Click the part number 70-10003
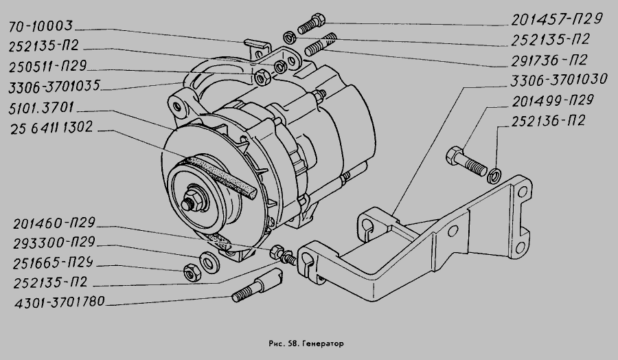tap(41, 26)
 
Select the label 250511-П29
tap(47, 66)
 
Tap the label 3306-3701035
tap(55, 86)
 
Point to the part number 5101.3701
tap(41, 108)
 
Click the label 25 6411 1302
tap(51, 127)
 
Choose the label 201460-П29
tap(54, 223)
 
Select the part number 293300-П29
tap(54, 243)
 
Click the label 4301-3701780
tap(60, 302)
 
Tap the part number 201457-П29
tap(557, 19)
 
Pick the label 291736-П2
tap(549, 60)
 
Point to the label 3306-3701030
tap(559, 80)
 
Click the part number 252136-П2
tap(548, 121)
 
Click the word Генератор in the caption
tap(323, 344)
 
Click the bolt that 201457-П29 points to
tap(311, 23)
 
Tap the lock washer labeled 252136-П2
tap(494, 175)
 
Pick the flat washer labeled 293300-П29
tap(209, 262)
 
